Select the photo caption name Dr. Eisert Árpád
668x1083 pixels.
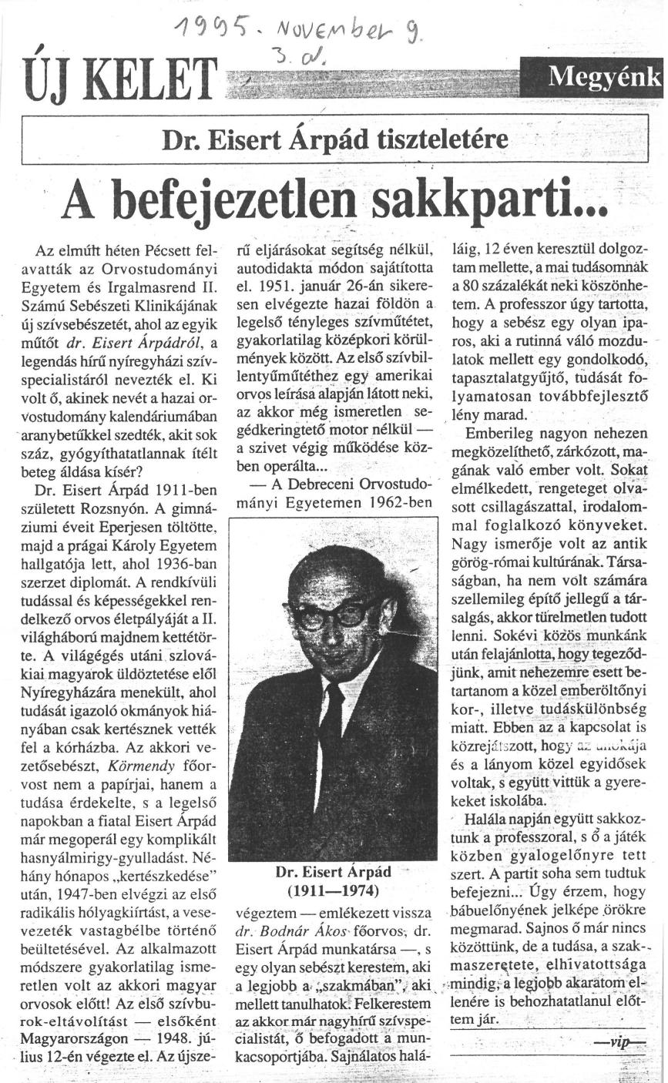333,872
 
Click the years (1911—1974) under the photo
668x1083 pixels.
333,891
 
